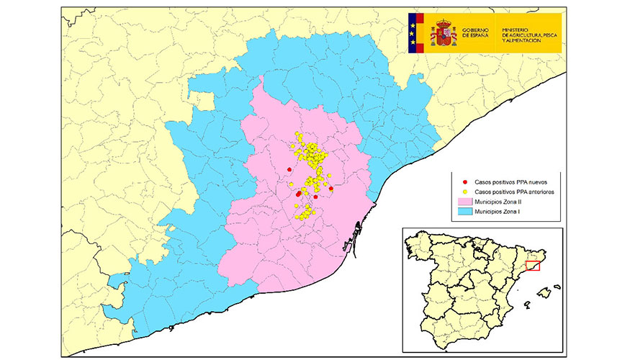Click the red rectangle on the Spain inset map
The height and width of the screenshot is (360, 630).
(533, 266)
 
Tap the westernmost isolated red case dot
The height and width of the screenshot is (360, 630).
(289, 170)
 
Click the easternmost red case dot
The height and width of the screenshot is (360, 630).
(331, 189)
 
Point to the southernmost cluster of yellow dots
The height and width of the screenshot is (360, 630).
(304, 212)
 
